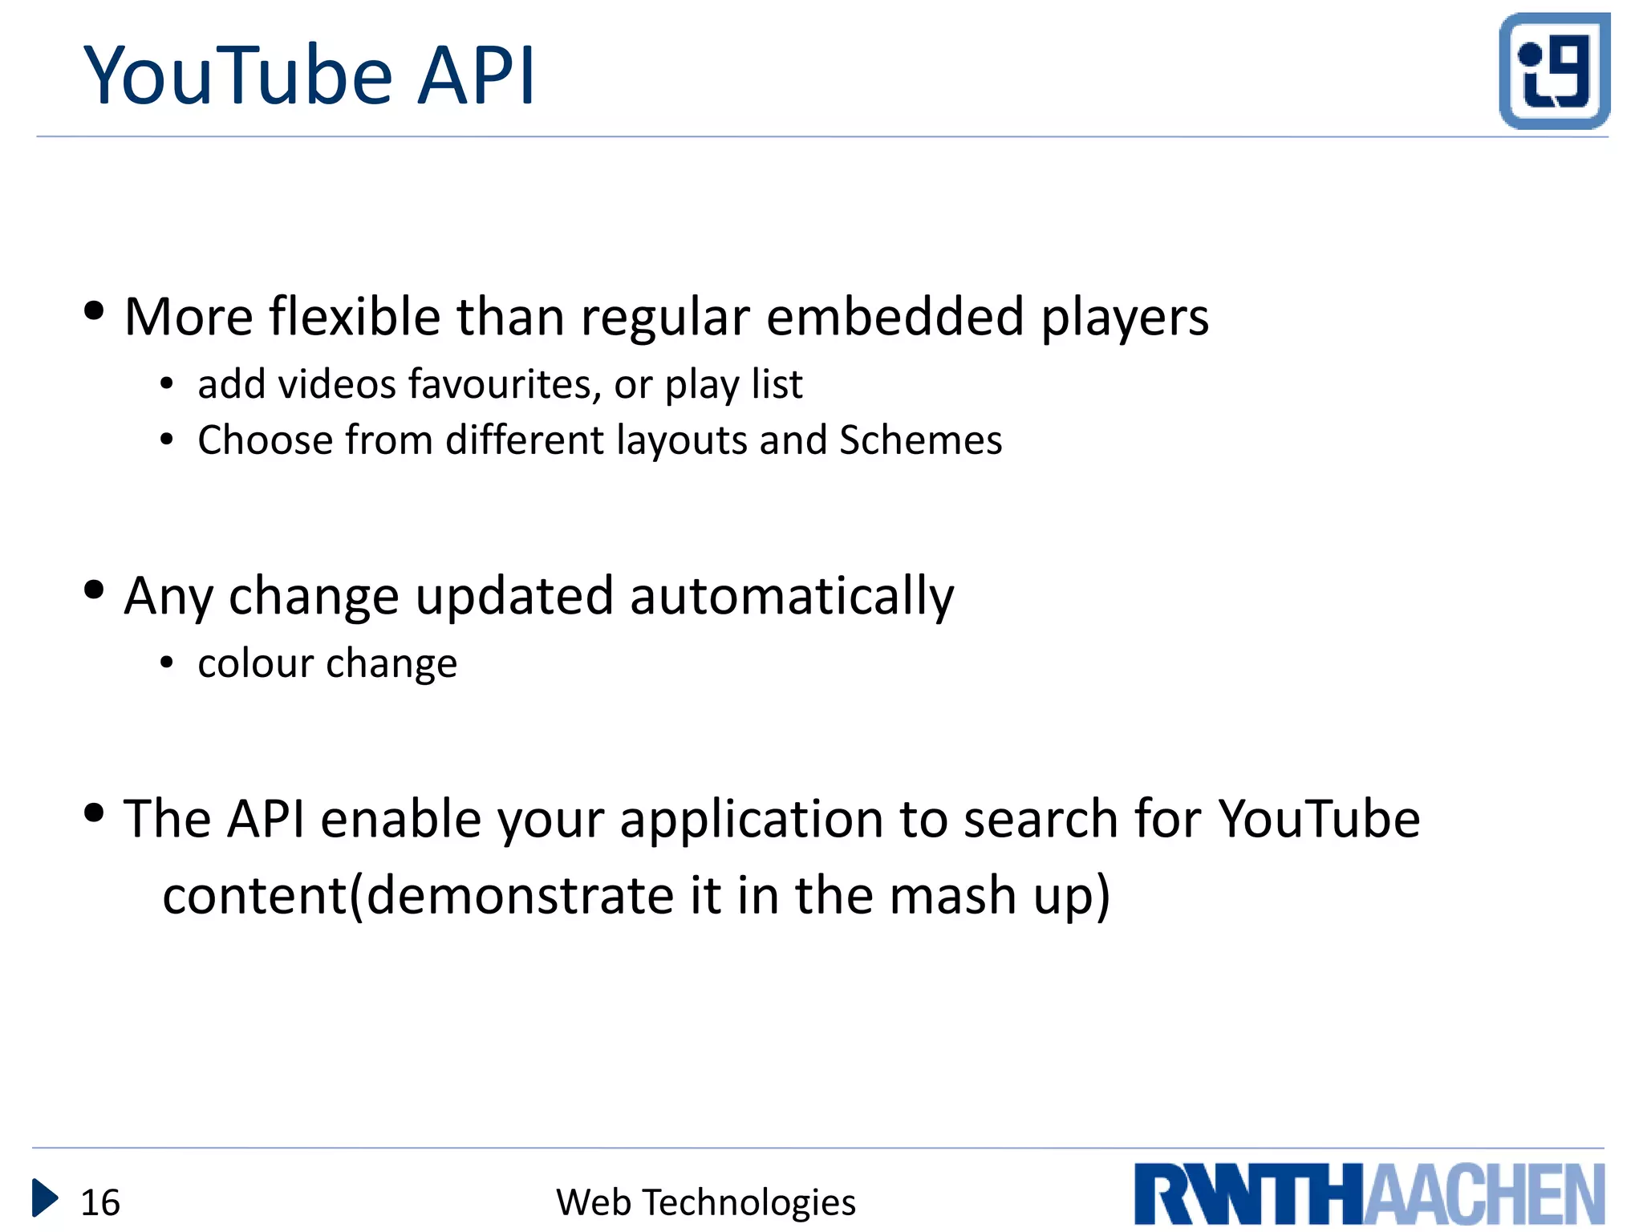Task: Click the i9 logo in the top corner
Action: pos(1554,71)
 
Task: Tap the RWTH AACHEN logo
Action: pos(1369,1193)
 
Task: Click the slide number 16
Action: pos(100,1202)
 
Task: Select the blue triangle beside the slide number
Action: pos(44,1198)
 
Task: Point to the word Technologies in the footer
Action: pos(749,1202)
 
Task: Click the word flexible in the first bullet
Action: pos(355,317)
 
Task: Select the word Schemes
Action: pos(920,440)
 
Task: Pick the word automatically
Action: pos(792,597)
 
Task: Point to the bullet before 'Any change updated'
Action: pos(94,590)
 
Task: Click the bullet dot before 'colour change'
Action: pos(166,663)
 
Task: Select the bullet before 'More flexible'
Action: pos(94,311)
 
